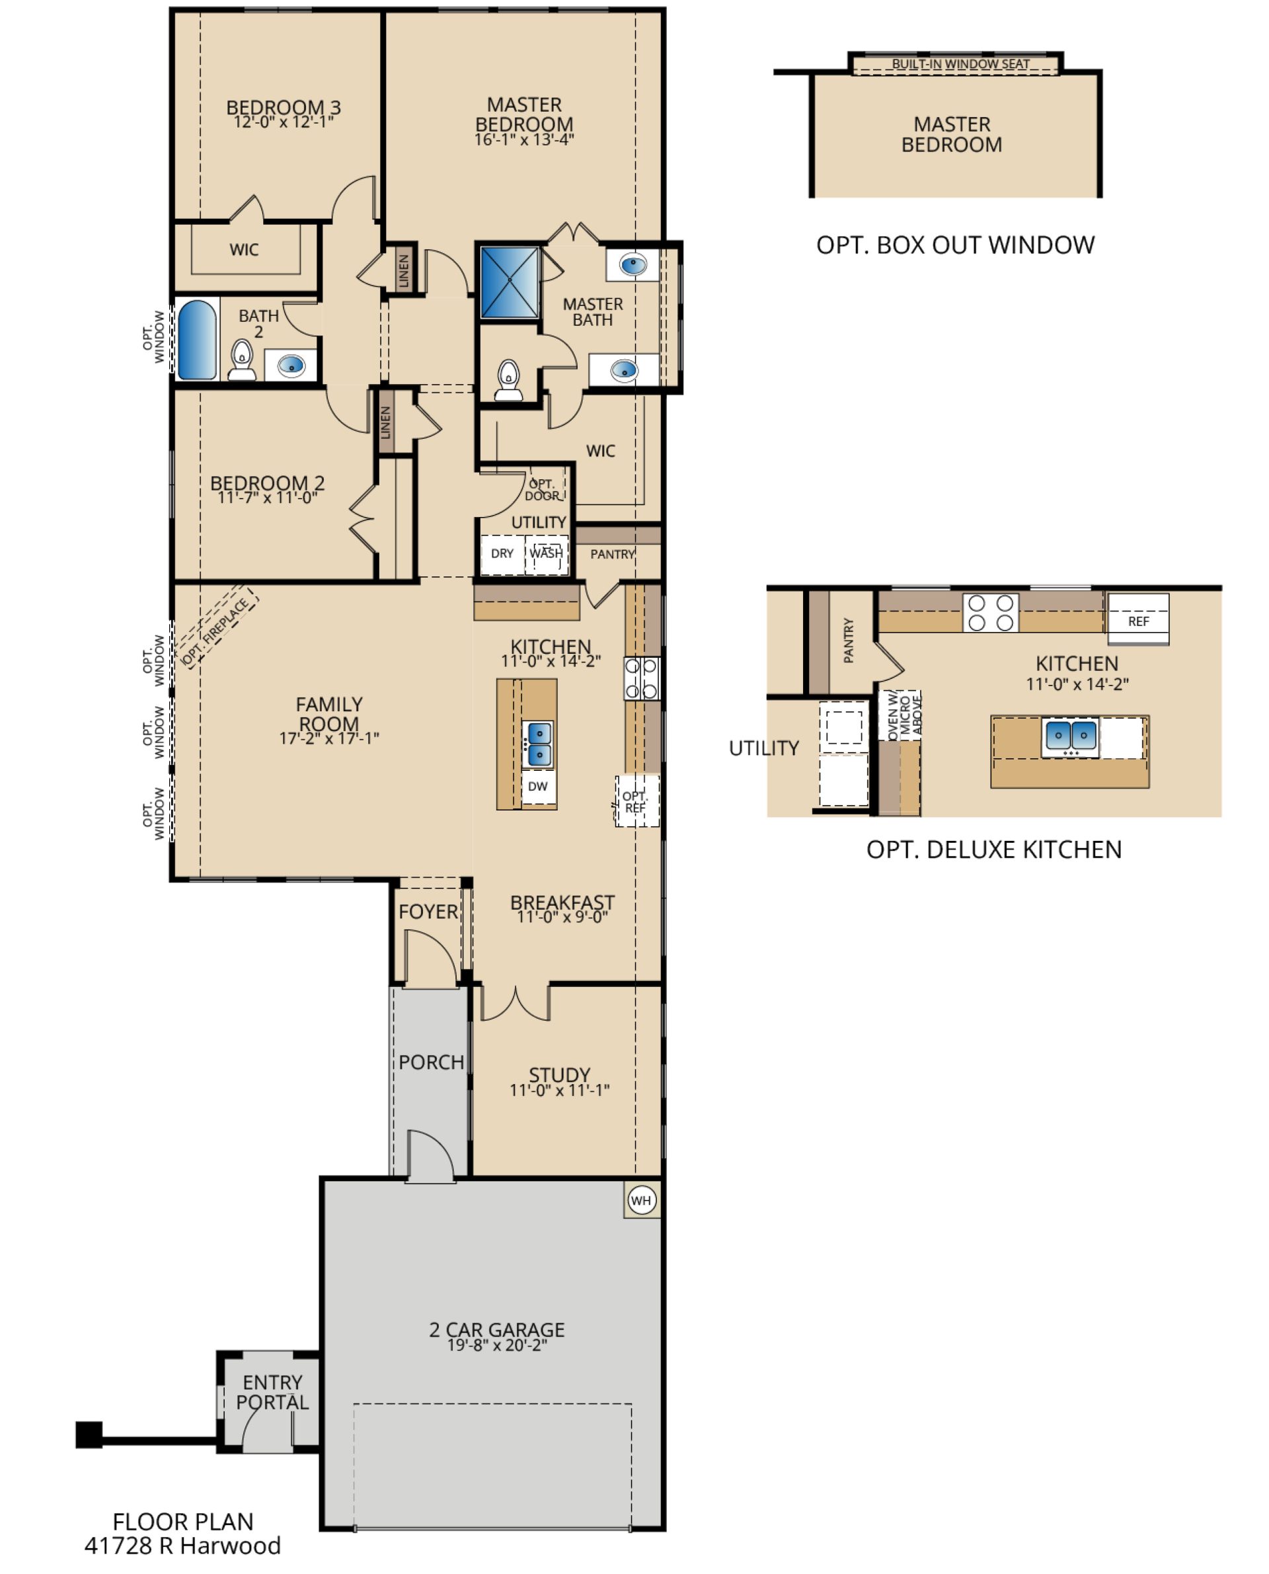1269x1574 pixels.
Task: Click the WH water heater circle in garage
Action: click(641, 1200)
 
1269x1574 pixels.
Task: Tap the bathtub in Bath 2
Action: click(197, 340)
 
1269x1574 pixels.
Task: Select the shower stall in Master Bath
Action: click(510, 282)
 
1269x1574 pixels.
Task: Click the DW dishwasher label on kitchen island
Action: click(537, 787)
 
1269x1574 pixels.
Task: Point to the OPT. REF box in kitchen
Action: click(636, 801)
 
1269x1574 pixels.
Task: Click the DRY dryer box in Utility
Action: click(502, 553)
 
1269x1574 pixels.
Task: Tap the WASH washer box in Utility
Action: click(546, 553)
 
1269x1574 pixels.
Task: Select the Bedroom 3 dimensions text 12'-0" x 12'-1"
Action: click(284, 122)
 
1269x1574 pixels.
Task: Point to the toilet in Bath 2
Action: click(241, 360)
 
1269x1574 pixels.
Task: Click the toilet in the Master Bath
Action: click(508, 380)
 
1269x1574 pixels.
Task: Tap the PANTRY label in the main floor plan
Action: click(613, 554)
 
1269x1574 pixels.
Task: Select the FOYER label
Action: click(428, 912)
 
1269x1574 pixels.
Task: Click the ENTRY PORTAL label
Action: click(272, 1393)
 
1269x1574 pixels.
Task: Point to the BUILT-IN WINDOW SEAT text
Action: click(960, 64)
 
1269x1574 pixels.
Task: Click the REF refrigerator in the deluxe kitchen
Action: click(1138, 620)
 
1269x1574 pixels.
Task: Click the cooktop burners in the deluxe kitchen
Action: click(991, 613)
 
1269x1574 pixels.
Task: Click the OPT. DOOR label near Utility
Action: click(543, 489)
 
